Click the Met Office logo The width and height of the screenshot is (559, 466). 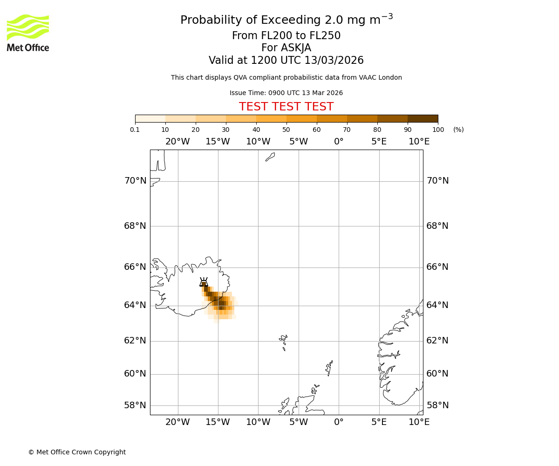click(x=28, y=33)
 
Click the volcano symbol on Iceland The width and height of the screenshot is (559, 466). click(x=204, y=282)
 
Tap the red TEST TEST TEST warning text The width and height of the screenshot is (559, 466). click(x=286, y=107)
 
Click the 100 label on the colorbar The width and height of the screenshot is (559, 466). click(x=438, y=130)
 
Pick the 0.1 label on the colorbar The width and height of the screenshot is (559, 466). click(x=135, y=130)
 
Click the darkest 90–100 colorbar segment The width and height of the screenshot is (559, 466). click(x=423, y=118)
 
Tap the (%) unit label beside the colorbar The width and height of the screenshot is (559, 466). click(x=458, y=130)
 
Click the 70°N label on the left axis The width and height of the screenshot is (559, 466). click(x=135, y=181)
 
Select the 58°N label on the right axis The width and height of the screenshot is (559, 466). click(x=437, y=405)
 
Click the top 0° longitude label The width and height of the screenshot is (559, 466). click(x=339, y=142)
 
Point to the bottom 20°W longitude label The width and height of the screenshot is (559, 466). click(x=177, y=422)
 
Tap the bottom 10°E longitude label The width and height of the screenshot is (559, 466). click(x=419, y=422)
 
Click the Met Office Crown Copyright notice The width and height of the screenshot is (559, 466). click(x=77, y=452)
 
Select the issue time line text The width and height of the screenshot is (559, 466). click(x=286, y=93)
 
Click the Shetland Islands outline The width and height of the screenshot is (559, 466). click(x=329, y=368)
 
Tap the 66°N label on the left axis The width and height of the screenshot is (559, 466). click(x=135, y=267)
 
